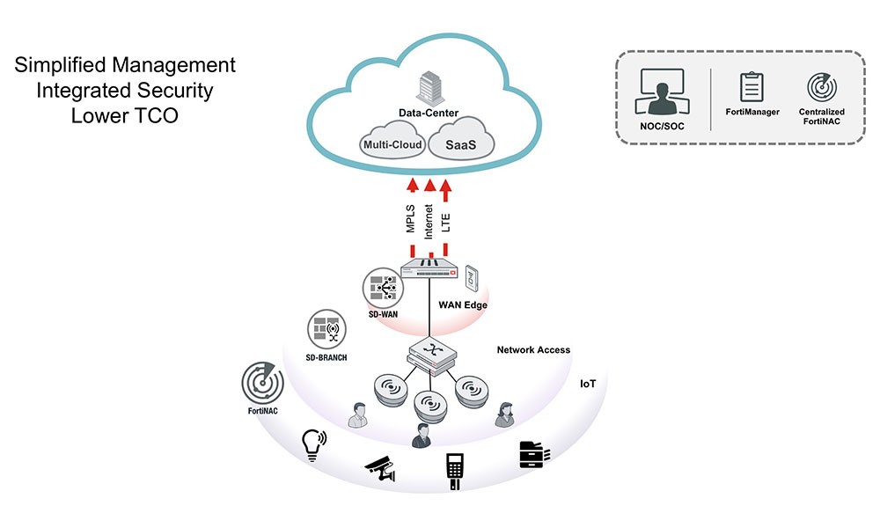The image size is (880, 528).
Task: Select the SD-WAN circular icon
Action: pyautogui.click(x=382, y=289)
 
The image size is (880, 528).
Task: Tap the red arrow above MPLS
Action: pyautogui.click(x=411, y=185)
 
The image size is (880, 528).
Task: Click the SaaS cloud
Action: pyautogui.click(x=460, y=143)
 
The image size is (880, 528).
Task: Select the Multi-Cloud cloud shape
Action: pyautogui.click(x=392, y=144)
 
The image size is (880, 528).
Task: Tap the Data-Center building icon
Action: pyautogui.click(x=428, y=88)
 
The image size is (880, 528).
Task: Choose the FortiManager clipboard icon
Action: pyautogui.click(x=752, y=87)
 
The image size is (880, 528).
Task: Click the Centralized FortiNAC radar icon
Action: pyautogui.click(x=822, y=88)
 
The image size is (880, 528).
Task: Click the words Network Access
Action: pyautogui.click(x=533, y=349)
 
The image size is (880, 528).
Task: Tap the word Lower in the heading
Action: pyautogui.click(x=97, y=115)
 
